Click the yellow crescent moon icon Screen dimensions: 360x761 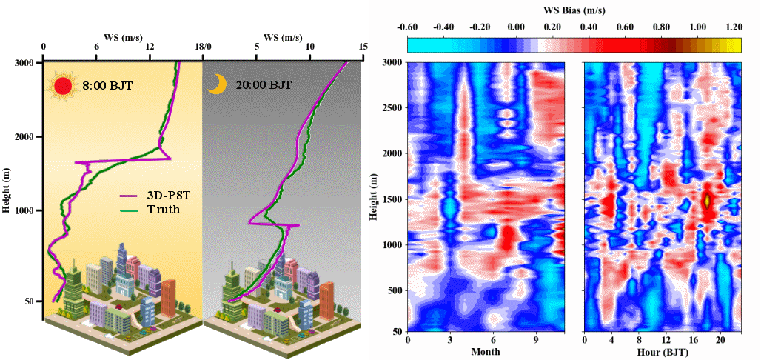[x=215, y=84]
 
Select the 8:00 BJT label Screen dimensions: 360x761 [x=107, y=86]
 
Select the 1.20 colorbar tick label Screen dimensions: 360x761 [x=734, y=27]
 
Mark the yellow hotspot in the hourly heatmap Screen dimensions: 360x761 [x=707, y=200]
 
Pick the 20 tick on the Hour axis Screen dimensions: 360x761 [x=725, y=340]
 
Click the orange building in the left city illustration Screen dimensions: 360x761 [x=169, y=298]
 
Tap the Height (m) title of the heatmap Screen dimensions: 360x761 [x=375, y=197]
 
